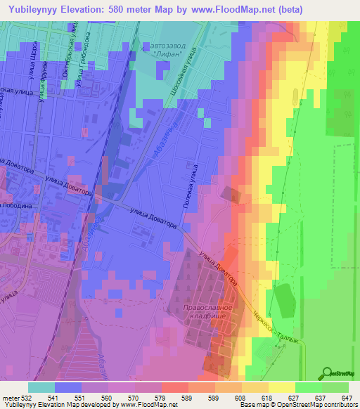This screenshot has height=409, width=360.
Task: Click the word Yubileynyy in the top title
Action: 34,9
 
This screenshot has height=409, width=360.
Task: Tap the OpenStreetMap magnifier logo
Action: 328,373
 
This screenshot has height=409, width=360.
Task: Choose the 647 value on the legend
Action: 347,397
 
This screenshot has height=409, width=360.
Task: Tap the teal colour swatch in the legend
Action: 41,387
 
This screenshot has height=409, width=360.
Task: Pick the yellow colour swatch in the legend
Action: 281,387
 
